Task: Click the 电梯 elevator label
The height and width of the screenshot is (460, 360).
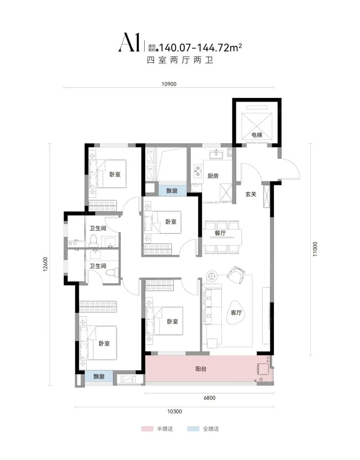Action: click(257, 135)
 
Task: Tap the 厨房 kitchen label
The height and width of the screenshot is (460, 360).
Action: click(213, 176)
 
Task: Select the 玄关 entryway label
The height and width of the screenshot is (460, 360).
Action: click(251, 194)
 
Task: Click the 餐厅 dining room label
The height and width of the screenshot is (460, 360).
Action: click(220, 233)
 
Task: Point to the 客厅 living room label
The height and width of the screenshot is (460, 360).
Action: click(236, 313)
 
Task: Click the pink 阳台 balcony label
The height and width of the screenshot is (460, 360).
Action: click(201, 369)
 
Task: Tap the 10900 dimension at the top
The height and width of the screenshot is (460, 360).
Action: click(169, 84)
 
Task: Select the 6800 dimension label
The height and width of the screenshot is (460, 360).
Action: click(209, 398)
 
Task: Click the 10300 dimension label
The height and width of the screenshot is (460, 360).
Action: click(175, 411)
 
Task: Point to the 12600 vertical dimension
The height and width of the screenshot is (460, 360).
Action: click(45, 264)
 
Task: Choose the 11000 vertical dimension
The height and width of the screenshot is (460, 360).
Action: click(315, 249)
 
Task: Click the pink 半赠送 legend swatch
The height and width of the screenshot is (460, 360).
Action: click(147, 429)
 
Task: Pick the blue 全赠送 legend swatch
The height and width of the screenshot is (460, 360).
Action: click(193, 429)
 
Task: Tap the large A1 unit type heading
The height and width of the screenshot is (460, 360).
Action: click(129, 42)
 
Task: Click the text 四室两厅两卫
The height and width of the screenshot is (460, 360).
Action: click(180, 60)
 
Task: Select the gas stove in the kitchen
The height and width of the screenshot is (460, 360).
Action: click(198, 171)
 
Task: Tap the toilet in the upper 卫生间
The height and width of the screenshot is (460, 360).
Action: click(93, 241)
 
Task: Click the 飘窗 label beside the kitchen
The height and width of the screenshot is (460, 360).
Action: click(172, 191)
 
